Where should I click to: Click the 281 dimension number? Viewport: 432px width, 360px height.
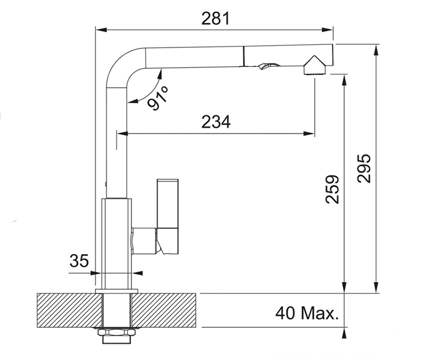[x=215, y=19]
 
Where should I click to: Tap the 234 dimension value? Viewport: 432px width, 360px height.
[x=216, y=122]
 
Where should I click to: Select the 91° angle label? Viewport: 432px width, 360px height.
[x=158, y=98]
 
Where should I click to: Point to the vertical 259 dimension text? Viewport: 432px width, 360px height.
[x=332, y=189]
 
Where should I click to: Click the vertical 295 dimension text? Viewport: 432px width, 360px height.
[x=364, y=168]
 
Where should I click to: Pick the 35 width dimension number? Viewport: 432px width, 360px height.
[x=79, y=261]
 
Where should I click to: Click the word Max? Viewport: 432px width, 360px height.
[x=320, y=313]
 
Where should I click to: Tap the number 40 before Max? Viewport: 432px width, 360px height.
[x=285, y=313]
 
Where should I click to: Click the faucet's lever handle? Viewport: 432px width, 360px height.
[x=168, y=216]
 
